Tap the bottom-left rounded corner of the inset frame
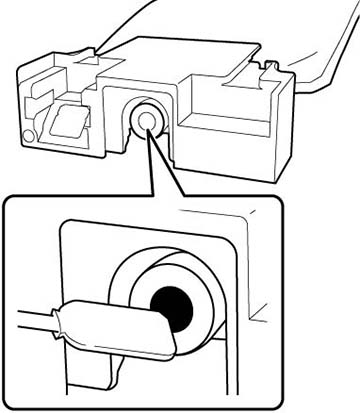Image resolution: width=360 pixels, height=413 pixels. (12, 399)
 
